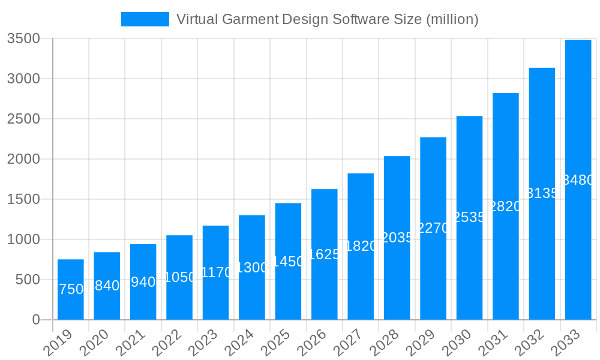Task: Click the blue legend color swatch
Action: click(x=145, y=19)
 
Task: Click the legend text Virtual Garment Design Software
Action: click(x=327, y=19)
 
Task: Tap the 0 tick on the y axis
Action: click(x=35, y=320)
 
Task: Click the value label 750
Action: click(x=71, y=289)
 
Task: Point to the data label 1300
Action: click(x=252, y=268)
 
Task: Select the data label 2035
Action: click(x=397, y=238)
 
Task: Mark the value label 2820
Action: click(x=506, y=206)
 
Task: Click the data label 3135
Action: click(x=542, y=193)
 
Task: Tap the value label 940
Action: click(x=143, y=282)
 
